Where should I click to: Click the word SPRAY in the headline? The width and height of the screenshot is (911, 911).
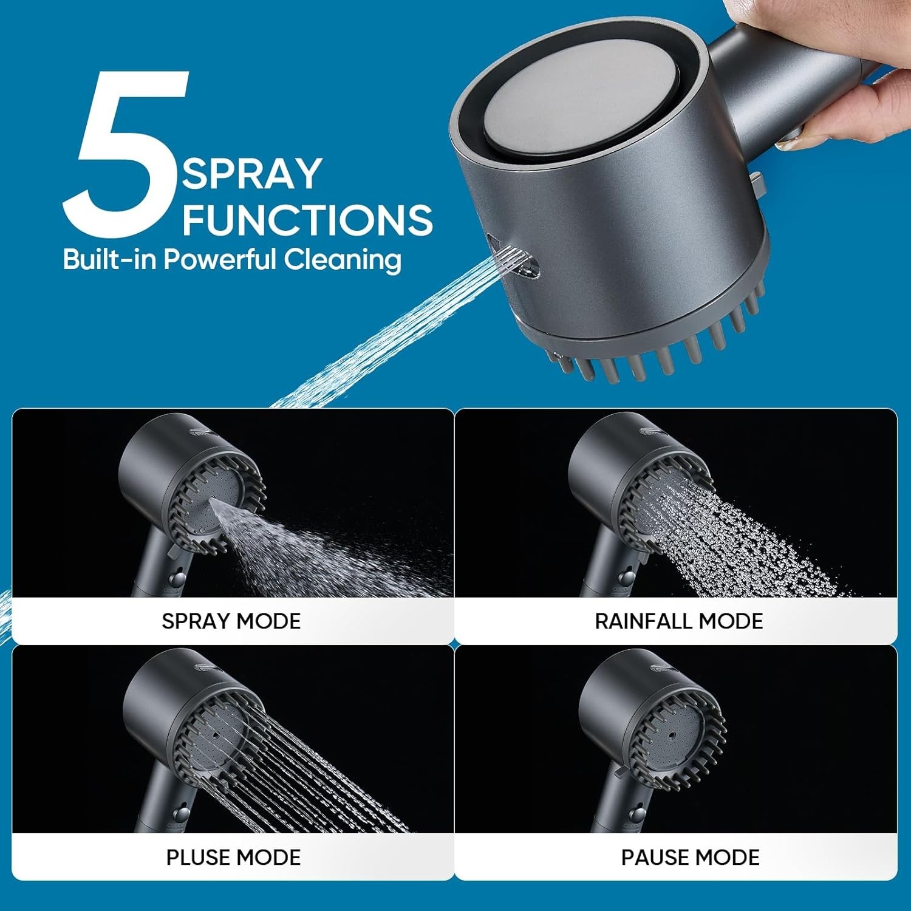coord(251,174)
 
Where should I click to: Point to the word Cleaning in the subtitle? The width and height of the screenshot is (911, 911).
coord(343,259)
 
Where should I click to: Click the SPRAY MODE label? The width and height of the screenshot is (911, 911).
coord(231,621)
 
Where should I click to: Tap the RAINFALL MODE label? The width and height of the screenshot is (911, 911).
coord(678,621)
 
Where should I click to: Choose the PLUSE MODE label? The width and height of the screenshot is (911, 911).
coord(233,857)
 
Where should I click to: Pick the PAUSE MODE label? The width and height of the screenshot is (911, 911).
coord(690,857)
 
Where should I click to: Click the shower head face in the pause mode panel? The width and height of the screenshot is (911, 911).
coord(674,735)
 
